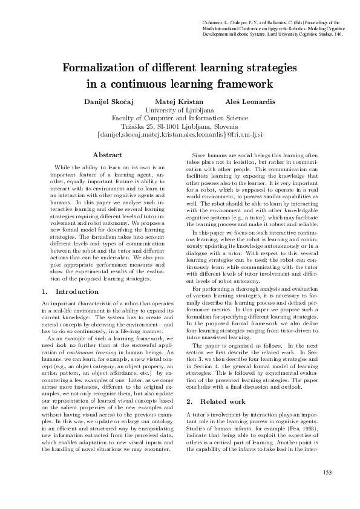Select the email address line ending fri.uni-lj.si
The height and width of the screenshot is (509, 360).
click(180, 135)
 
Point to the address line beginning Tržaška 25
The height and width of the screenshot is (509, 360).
click(180, 127)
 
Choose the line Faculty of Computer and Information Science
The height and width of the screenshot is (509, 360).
click(180, 118)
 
